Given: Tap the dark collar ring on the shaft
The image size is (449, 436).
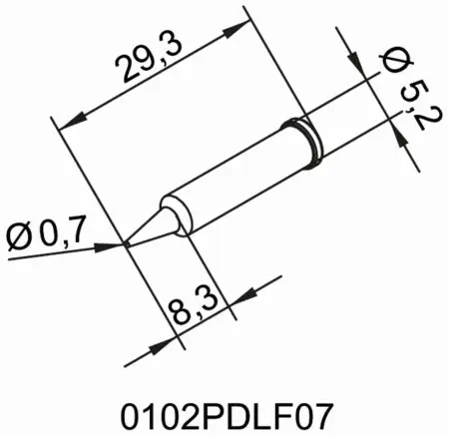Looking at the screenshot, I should click(x=299, y=137).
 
